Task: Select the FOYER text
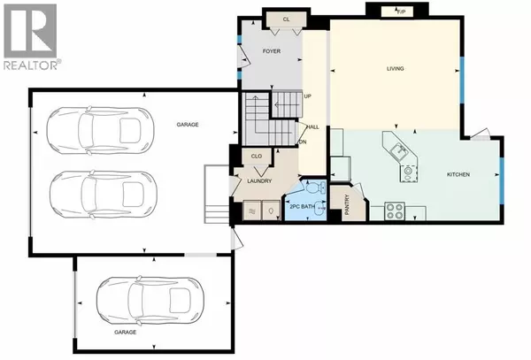(x=272, y=52)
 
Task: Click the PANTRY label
(x=346, y=205)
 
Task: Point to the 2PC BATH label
(x=304, y=207)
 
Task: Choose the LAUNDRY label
(x=258, y=182)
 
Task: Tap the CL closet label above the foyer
(x=286, y=19)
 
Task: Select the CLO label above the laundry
(x=256, y=157)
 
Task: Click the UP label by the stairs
(x=307, y=96)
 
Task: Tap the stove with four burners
(x=394, y=211)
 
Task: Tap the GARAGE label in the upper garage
(x=186, y=125)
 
